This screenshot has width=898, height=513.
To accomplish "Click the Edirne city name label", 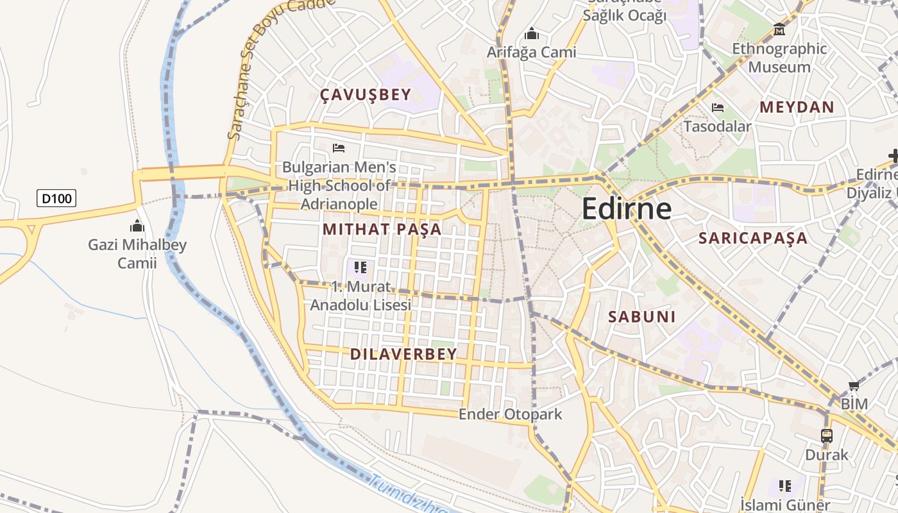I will pos(627,209).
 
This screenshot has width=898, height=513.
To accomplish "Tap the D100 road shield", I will pos(56,198).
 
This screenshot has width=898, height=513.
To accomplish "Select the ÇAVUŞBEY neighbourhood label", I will pos(366,95).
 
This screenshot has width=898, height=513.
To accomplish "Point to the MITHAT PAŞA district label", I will pos(382,229).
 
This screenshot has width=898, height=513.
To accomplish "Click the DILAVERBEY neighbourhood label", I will pos(403,354).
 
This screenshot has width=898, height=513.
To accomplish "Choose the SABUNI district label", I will pos(642,316).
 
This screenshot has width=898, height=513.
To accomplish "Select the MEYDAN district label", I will pos(797,107).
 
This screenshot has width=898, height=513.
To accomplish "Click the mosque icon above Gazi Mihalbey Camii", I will pos(137,226).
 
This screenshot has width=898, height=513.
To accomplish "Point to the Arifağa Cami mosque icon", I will pos(531,33).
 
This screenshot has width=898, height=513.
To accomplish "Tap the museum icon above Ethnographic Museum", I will pos(779,29).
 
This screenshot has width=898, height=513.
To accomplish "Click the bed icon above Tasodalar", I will pos(718,108).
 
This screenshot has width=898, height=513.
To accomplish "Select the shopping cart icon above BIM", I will pos(854,385).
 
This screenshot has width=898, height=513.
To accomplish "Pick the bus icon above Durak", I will pos(827,436).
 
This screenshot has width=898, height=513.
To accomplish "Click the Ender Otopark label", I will pos(510,414).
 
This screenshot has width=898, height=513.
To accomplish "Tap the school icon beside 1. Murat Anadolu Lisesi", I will pos(360,267).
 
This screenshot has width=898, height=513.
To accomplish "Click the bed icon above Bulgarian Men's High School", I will pos(339,148).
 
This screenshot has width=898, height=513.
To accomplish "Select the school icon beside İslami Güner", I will pos(784,486).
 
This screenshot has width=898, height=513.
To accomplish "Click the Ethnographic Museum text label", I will pos(779,58).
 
